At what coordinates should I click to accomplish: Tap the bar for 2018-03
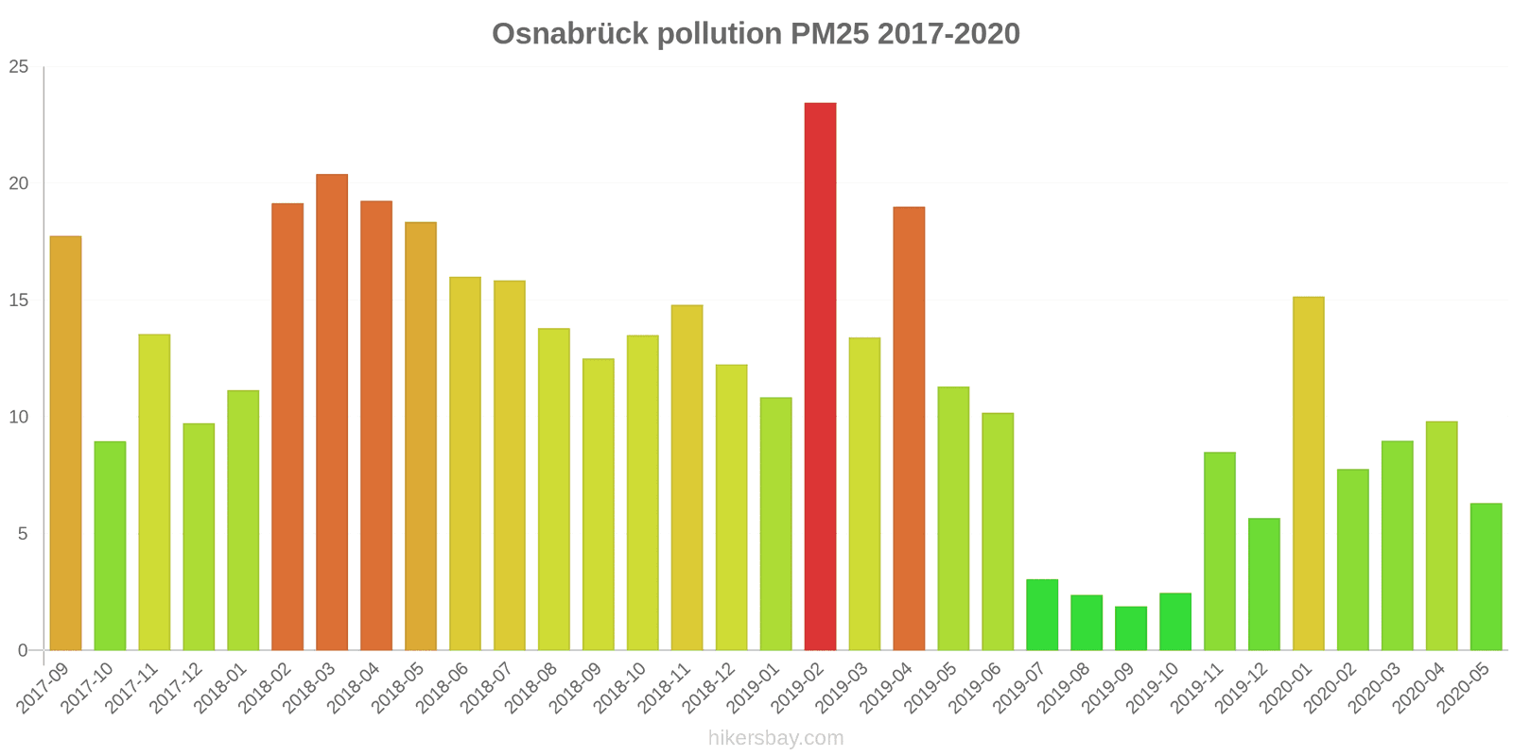(x=332, y=412)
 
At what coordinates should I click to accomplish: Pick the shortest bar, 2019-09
(x=1131, y=628)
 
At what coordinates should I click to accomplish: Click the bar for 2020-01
(x=1308, y=473)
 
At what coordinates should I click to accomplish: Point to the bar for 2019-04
(x=909, y=428)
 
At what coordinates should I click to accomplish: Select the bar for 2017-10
(x=110, y=545)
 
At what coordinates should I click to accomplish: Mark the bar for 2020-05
(x=1486, y=576)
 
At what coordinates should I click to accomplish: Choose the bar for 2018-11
(x=687, y=477)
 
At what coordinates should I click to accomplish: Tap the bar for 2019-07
(x=1042, y=614)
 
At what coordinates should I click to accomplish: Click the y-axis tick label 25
(x=19, y=67)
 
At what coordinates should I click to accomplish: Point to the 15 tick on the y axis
(x=19, y=301)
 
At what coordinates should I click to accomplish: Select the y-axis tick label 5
(x=24, y=534)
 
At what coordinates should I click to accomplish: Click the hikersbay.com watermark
(x=775, y=738)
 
